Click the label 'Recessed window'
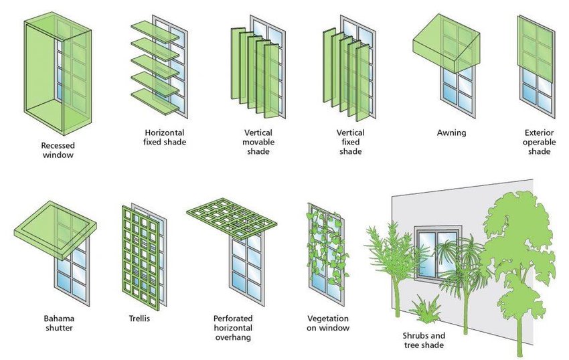pyautogui.click(x=58, y=151)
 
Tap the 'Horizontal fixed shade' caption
pyautogui.click(x=165, y=137)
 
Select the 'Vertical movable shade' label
pyautogui.click(x=258, y=142)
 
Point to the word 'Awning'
pyautogui.click(x=451, y=132)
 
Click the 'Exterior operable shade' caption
pyautogui.click(x=539, y=142)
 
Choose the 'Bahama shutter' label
pyautogui.click(x=59, y=323)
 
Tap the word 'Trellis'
pyautogui.click(x=139, y=319)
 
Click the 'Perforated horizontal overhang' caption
pyautogui.click(x=232, y=328)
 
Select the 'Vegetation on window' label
pyautogui.click(x=328, y=323)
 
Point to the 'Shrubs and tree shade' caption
pyautogui.click(x=424, y=340)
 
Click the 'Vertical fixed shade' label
pyautogui.click(x=350, y=142)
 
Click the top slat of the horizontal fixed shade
pyautogui.click(x=155, y=31)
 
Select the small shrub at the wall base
pyautogui.click(x=425, y=308)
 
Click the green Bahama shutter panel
pyautogui.click(x=55, y=230)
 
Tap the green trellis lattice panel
pyautogui.click(x=141, y=258)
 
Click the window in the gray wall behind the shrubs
pyautogui.click(x=438, y=254)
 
